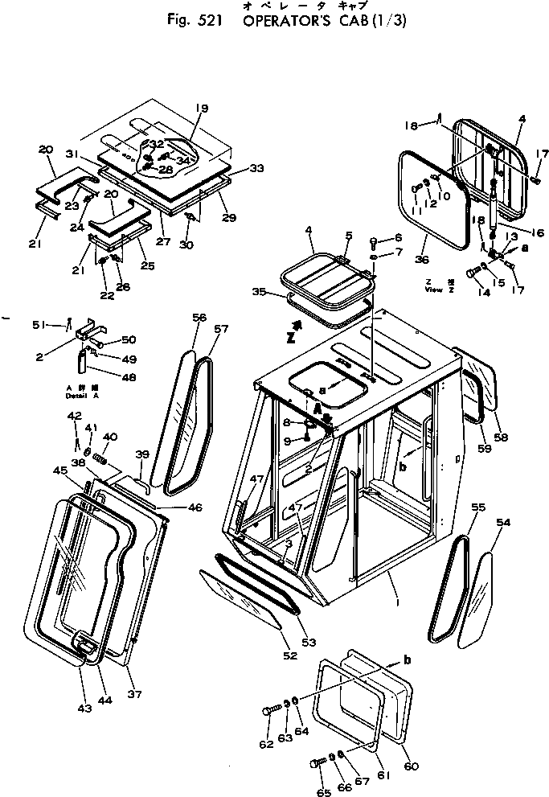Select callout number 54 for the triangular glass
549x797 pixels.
504,523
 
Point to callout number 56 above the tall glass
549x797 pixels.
199,317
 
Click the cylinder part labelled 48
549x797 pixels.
82,360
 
